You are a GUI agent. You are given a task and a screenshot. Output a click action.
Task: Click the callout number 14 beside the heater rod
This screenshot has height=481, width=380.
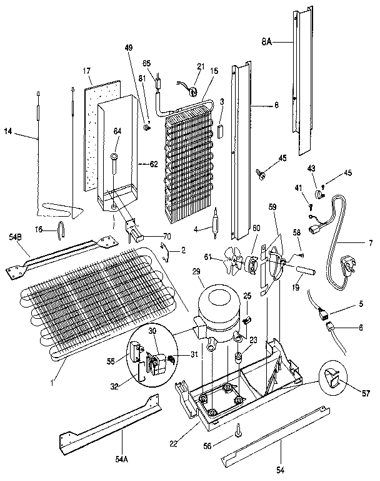point(8,132)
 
